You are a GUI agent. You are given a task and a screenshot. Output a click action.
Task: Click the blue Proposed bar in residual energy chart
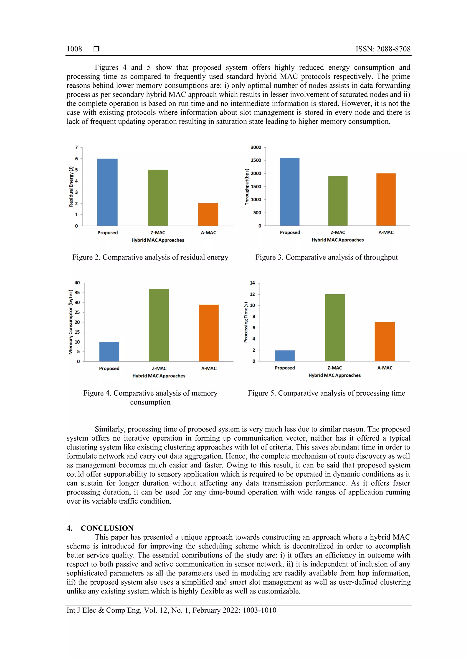(x=107, y=192)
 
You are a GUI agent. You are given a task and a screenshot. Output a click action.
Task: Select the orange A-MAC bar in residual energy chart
(x=208, y=215)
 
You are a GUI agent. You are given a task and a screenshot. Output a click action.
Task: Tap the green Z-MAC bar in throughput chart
(x=338, y=201)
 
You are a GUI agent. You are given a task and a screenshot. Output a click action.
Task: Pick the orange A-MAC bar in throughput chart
(x=386, y=199)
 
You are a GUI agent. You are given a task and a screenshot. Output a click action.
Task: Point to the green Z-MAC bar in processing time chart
(x=334, y=328)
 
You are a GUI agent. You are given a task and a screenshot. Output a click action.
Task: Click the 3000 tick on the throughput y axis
(x=256, y=147)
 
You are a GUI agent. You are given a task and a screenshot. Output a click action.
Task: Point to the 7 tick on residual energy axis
(x=76, y=147)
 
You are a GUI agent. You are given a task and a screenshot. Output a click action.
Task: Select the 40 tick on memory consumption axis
(x=77, y=283)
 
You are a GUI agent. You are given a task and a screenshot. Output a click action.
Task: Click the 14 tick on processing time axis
(x=252, y=283)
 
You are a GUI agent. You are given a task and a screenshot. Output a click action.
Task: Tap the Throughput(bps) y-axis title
(x=247, y=187)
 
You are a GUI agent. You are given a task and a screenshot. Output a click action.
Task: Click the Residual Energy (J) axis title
(x=71, y=186)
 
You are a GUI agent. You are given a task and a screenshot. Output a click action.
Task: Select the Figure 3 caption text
(x=327, y=257)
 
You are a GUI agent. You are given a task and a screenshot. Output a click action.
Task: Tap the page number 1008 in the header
(x=74, y=49)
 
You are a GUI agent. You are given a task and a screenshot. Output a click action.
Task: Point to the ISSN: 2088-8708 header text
(x=383, y=49)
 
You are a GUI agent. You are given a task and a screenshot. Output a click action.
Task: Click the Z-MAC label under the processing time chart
(x=334, y=368)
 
